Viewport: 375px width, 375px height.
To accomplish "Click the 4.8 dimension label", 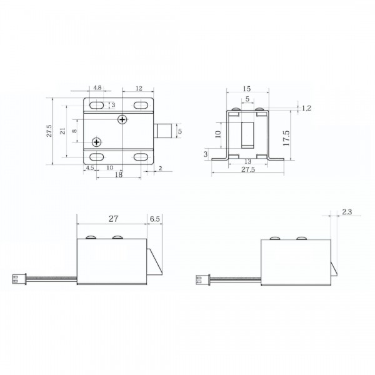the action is [x=97, y=87].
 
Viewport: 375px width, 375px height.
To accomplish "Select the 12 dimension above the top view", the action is [x=139, y=88].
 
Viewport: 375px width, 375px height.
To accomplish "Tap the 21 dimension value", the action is [x=62, y=131].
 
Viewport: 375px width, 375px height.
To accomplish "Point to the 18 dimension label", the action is [x=119, y=174].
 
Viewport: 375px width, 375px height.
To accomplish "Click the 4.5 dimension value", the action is [x=90, y=167].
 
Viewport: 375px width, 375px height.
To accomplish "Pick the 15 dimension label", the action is [x=247, y=89].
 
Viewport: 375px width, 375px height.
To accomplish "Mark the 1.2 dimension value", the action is [x=306, y=108].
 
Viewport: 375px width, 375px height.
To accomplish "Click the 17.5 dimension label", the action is [x=286, y=138].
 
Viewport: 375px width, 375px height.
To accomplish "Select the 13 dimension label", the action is [x=248, y=161].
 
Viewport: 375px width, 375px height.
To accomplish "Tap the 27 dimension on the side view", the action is [x=114, y=219].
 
